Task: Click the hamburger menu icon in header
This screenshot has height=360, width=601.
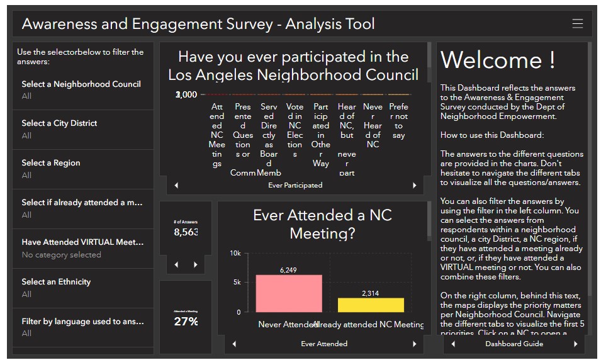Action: pyautogui.click(x=577, y=24)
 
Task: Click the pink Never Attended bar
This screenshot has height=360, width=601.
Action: pyautogui.click(x=289, y=293)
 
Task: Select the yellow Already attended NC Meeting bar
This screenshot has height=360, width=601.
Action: pyautogui.click(x=371, y=305)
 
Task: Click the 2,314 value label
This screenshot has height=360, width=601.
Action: pyautogui.click(x=371, y=293)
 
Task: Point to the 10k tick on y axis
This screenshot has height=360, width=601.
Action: pyautogui.click(x=235, y=254)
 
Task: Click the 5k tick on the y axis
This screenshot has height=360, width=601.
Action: pyautogui.click(x=236, y=283)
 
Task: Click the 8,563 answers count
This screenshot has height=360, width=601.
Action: pyautogui.click(x=186, y=232)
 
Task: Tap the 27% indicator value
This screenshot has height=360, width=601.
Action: pyautogui.click(x=186, y=321)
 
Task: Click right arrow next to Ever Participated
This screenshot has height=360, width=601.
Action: pyautogui.click(x=414, y=186)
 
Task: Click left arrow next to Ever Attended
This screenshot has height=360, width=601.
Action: pyautogui.click(x=234, y=344)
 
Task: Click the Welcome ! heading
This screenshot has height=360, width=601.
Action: pyautogui.click(x=498, y=60)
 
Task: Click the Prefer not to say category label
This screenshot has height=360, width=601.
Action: pyautogui.click(x=398, y=121)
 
